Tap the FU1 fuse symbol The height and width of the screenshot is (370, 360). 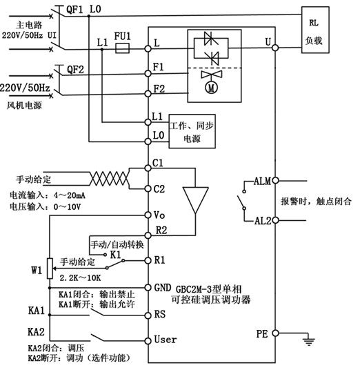click(122, 48)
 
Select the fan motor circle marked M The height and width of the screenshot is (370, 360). click(211, 88)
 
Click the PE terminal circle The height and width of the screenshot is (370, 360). click(275, 333)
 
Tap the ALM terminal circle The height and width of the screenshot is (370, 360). click(275, 181)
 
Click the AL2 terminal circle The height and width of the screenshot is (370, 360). click(275, 220)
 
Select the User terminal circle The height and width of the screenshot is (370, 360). click(148, 341)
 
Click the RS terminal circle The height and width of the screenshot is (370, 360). click(148, 315)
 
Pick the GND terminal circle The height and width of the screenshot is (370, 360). click(148, 288)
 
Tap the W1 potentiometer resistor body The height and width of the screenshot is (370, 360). click(50, 269)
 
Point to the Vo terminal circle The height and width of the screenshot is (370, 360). click(148, 215)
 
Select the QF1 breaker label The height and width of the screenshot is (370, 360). click(74, 10)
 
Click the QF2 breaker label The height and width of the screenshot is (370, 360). click(75, 70)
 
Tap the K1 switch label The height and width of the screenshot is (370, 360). click(116, 255)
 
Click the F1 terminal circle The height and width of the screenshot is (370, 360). click(148, 74)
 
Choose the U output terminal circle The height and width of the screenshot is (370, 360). click(275, 48)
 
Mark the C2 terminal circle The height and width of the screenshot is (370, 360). click(148, 188)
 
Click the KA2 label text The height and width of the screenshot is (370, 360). click(36, 332)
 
